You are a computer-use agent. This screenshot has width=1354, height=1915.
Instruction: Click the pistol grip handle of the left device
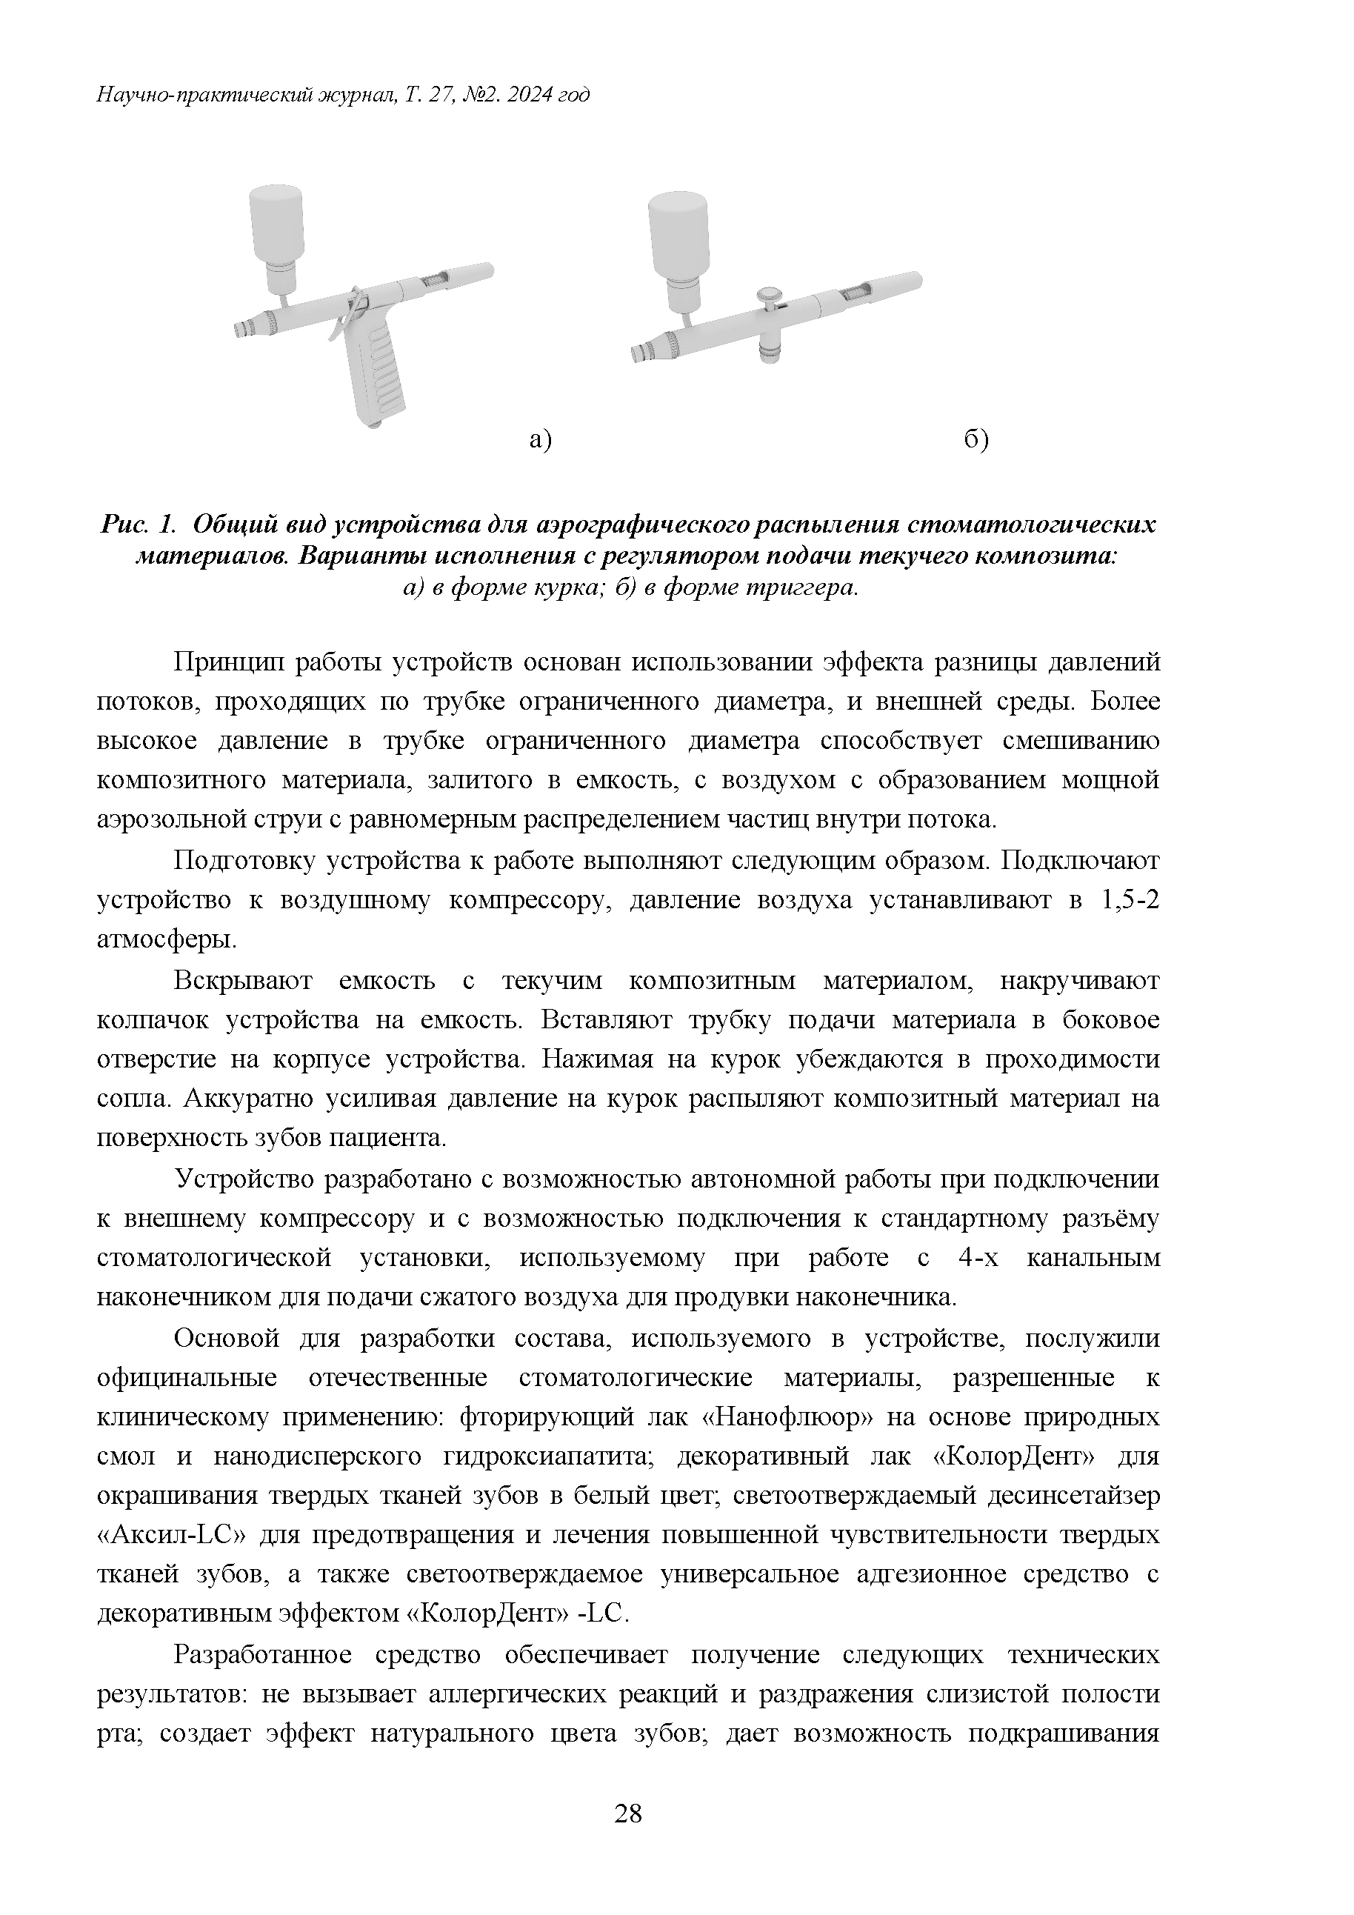point(379,376)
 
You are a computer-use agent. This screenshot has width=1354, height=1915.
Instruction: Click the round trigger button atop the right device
point(770,293)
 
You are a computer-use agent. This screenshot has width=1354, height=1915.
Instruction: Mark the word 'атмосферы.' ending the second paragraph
point(167,940)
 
